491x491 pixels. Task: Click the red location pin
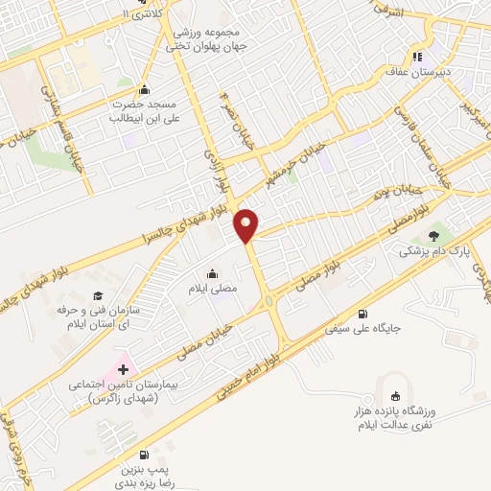click(x=247, y=223)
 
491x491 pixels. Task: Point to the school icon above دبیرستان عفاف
click(x=417, y=57)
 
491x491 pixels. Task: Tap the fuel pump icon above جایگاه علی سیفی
click(x=362, y=314)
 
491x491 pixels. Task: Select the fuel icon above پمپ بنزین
click(x=143, y=454)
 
